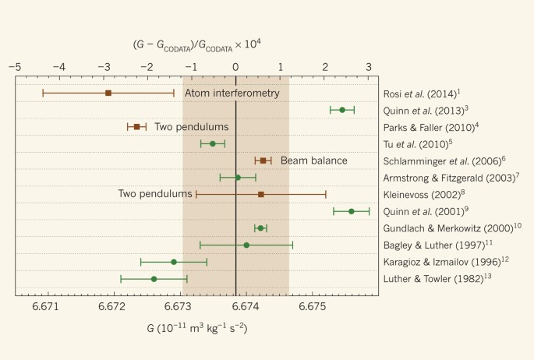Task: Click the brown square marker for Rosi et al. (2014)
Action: [x=108, y=93]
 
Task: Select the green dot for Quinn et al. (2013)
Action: [x=342, y=110]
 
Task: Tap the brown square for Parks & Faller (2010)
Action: [x=136, y=126]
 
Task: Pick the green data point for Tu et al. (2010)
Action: [x=212, y=143]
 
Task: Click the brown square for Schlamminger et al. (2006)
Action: [x=263, y=161]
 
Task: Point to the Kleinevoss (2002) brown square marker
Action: [x=260, y=194]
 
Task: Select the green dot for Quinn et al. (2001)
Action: [x=351, y=211]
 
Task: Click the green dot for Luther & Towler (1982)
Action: [x=154, y=279]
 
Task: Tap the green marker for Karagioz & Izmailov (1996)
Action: [x=174, y=262]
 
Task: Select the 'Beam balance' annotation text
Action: [x=314, y=161]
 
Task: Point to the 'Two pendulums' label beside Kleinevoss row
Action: [x=155, y=193]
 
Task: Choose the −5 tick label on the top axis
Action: [x=15, y=67]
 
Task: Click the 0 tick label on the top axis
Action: [x=236, y=67]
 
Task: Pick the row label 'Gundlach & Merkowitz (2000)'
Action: [x=452, y=228]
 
